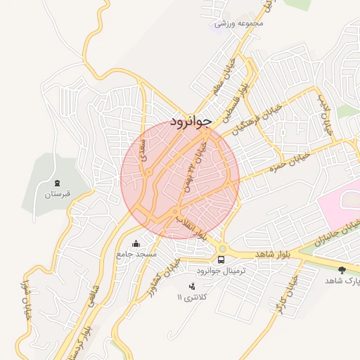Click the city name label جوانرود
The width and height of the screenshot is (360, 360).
point(191,122)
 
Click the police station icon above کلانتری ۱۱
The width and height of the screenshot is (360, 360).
point(192,285)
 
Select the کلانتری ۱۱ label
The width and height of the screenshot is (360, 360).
point(193,297)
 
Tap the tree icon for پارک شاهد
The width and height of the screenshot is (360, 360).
point(342,269)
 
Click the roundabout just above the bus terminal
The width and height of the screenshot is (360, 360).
point(223,247)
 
